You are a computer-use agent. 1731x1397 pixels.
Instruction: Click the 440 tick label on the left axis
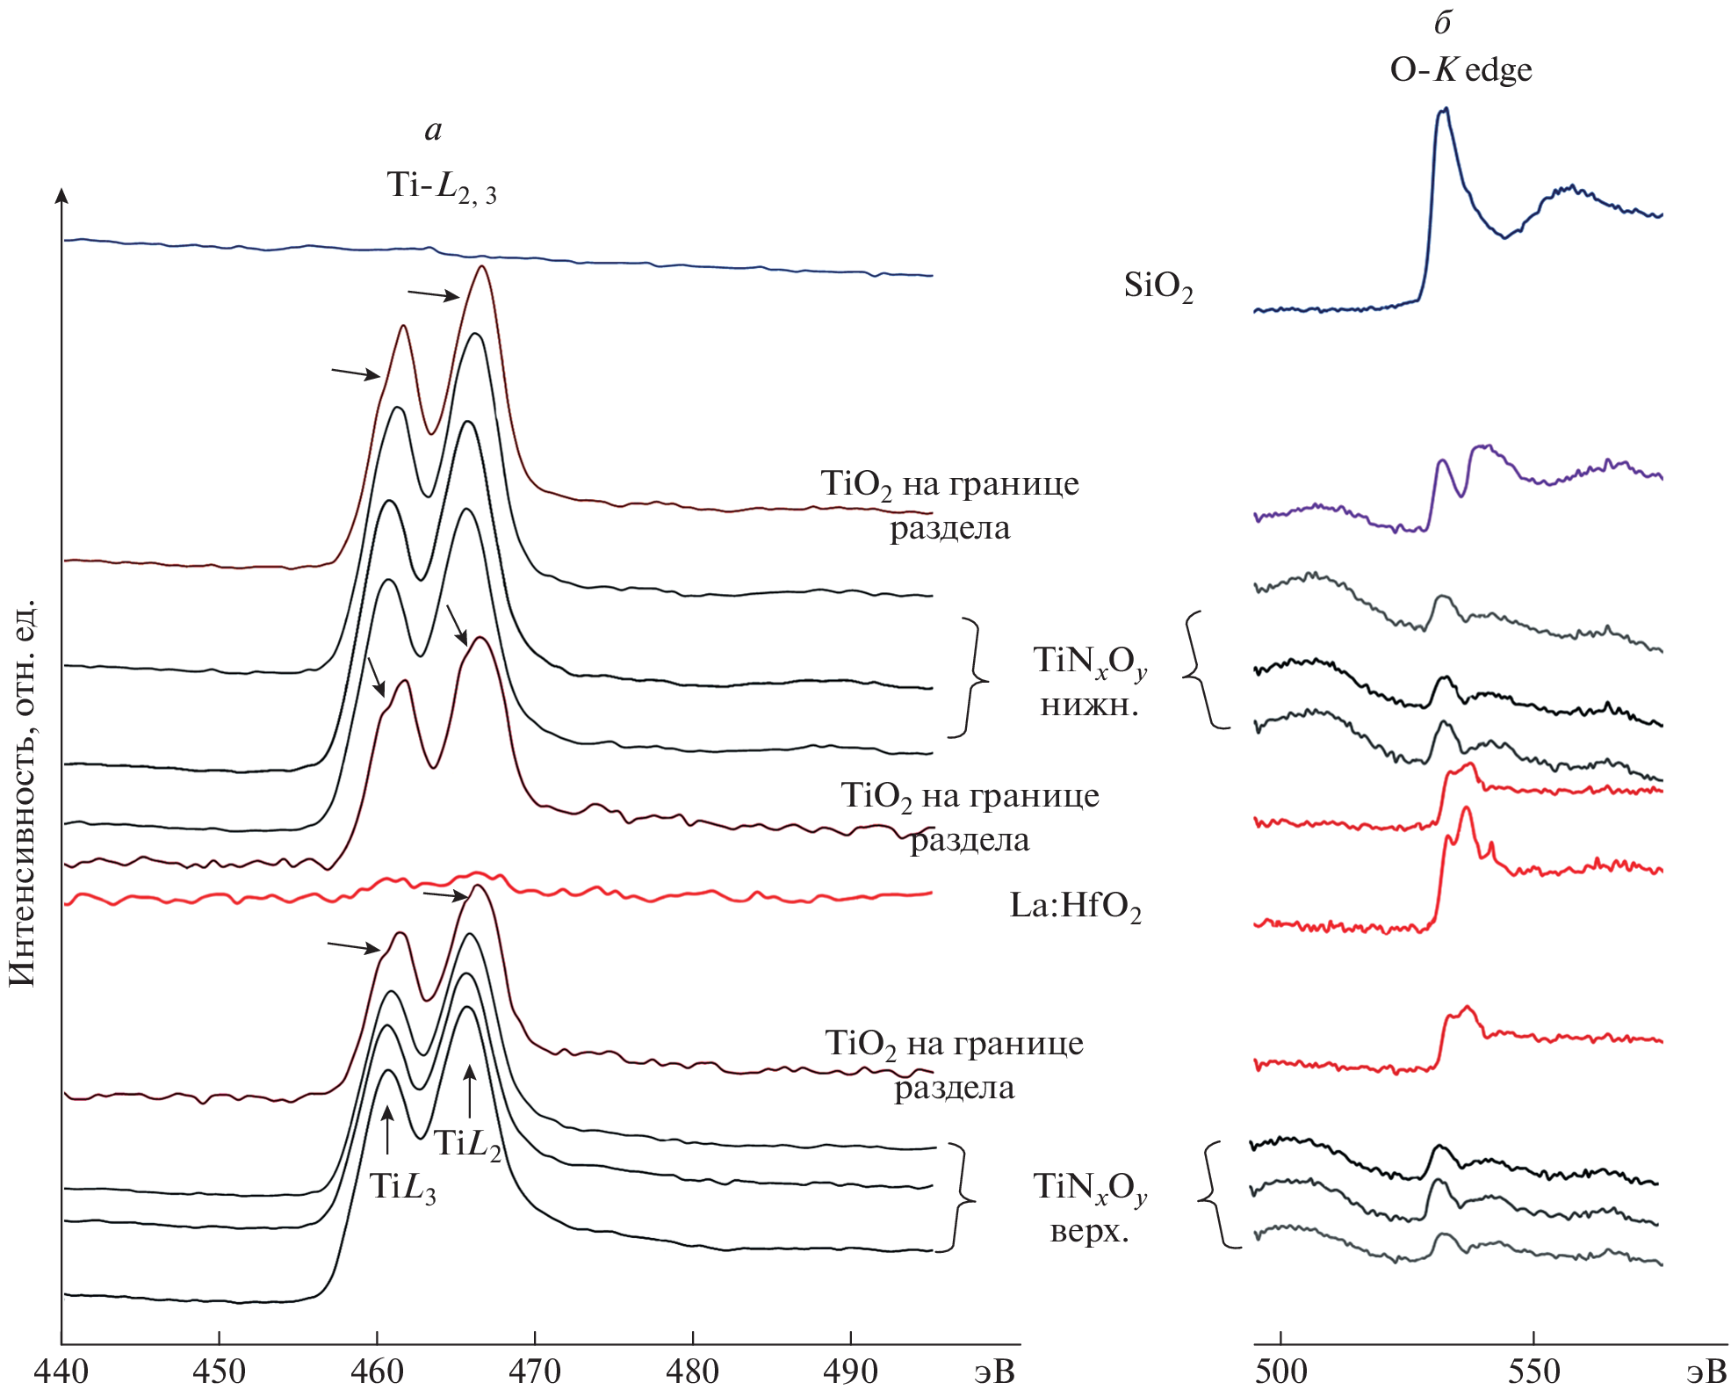(x=61, y=1372)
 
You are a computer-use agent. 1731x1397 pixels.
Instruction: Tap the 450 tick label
(x=219, y=1372)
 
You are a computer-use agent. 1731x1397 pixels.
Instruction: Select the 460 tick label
(x=377, y=1372)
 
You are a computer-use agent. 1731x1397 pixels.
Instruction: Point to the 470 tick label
(x=535, y=1372)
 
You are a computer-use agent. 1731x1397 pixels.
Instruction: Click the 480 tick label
(x=693, y=1372)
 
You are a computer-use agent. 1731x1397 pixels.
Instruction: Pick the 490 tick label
(x=850, y=1372)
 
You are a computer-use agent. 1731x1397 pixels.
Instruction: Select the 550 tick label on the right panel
(x=1533, y=1372)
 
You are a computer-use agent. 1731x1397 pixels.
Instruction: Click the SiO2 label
(x=1158, y=286)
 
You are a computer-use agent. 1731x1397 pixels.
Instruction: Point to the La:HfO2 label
(x=1075, y=906)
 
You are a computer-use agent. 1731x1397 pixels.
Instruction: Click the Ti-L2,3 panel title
(x=441, y=186)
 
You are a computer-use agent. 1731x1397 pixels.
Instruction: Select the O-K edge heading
(x=1461, y=69)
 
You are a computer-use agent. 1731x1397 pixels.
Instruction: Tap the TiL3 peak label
(x=402, y=1187)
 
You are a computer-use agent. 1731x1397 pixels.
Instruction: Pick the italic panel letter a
(x=433, y=131)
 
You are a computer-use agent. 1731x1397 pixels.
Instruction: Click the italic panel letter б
(x=1443, y=23)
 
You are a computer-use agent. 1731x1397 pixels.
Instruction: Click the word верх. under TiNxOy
(x=1089, y=1231)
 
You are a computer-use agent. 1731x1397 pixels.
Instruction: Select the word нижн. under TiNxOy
(x=1089, y=705)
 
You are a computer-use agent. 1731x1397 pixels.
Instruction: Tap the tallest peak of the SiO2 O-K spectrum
(x=1445, y=110)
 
